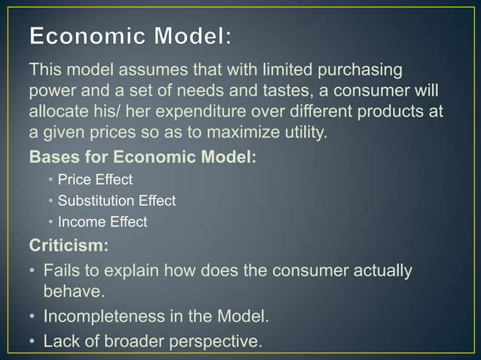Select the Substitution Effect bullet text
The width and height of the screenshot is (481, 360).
click(116, 201)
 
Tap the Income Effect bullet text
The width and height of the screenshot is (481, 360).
click(102, 222)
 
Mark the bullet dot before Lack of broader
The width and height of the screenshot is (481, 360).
click(33, 340)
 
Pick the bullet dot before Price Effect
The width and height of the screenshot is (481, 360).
click(50, 180)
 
